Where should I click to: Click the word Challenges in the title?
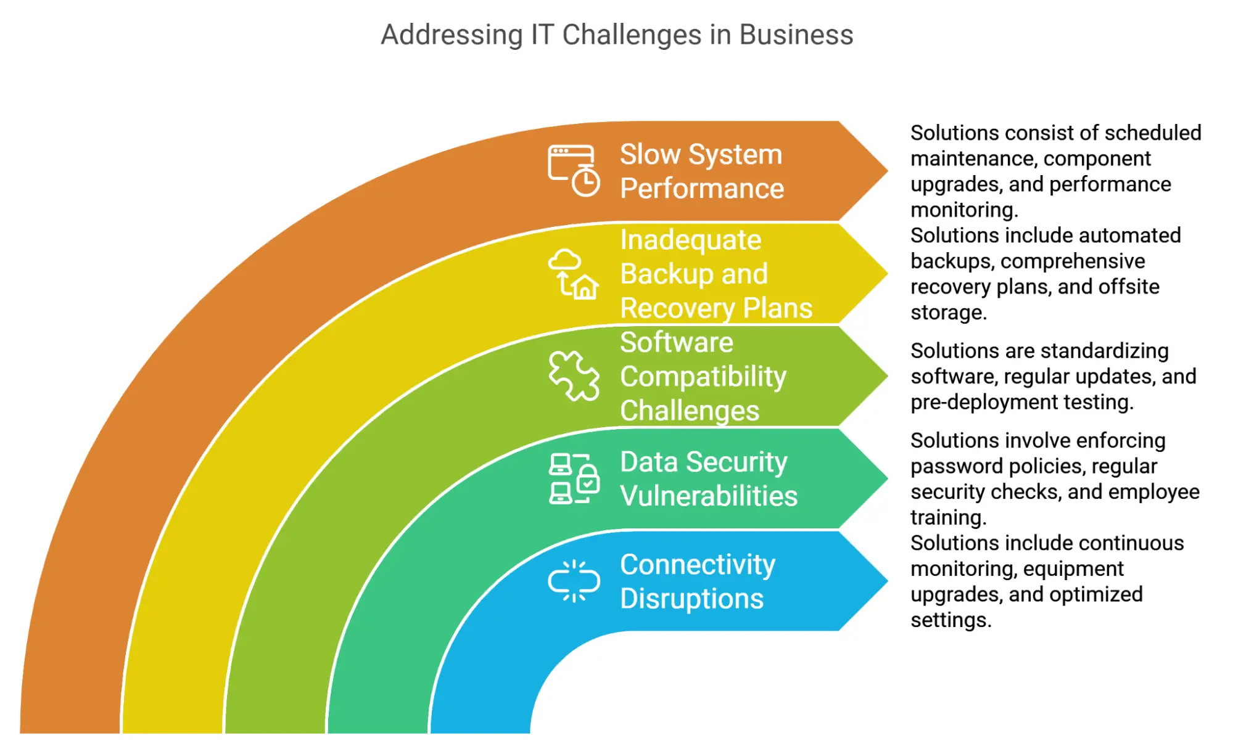[x=632, y=35]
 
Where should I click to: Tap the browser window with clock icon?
[x=574, y=170]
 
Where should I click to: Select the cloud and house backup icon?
[x=574, y=274]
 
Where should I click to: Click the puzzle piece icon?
[x=574, y=375]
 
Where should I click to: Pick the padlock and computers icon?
[x=574, y=478]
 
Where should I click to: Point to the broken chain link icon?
[x=574, y=581]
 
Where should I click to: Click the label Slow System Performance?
[x=701, y=171]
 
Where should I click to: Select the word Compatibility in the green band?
[x=703, y=377]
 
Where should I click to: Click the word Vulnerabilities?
[x=709, y=496]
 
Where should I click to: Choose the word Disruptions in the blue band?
[x=691, y=599]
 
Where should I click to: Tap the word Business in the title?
[x=796, y=35]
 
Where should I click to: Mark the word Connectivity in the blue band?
[x=697, y=565]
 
